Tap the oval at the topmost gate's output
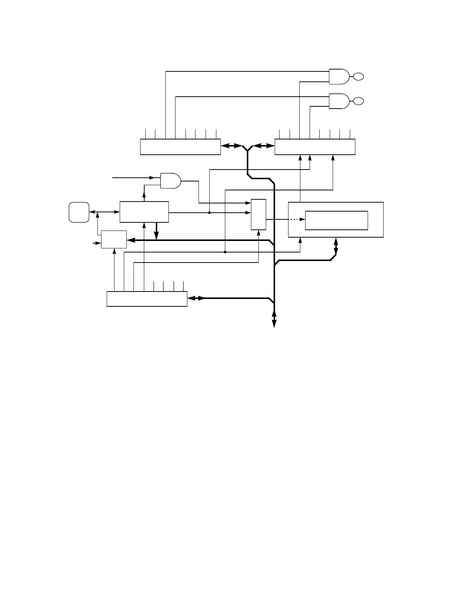358,77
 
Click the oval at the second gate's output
358,101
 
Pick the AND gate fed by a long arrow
170,180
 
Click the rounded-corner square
79,212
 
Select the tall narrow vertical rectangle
258,215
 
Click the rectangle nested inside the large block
336,220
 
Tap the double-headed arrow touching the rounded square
104,212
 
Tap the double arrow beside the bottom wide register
196,298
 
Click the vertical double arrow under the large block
336,246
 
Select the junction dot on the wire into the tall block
210,213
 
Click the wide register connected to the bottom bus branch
147,299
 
